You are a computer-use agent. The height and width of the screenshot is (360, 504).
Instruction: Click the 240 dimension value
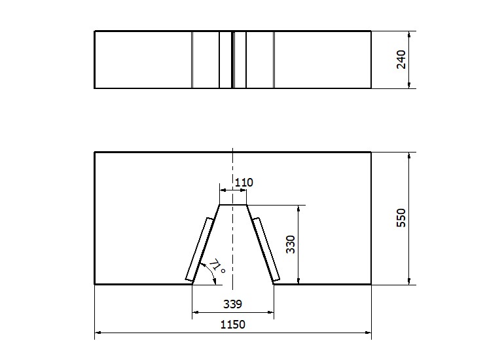(x=401, y=60)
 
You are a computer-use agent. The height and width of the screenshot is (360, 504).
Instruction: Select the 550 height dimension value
(x=401, y=218)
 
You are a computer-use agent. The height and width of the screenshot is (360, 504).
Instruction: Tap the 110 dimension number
(x=244, y=183)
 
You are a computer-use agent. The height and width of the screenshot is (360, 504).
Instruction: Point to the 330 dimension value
(x=291, y=244)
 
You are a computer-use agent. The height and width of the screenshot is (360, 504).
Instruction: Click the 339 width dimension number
(x=232, y=304)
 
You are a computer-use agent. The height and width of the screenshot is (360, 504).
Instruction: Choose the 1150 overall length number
(x=233, y=324)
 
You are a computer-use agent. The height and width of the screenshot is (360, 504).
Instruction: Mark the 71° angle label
(x=217, y=267)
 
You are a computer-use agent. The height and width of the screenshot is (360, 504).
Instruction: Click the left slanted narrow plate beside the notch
(x=200, y=250)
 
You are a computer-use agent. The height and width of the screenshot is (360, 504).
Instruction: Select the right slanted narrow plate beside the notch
(x=266, y=249)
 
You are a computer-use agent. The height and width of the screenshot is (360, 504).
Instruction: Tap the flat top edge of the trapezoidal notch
(x=233, y=204)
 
